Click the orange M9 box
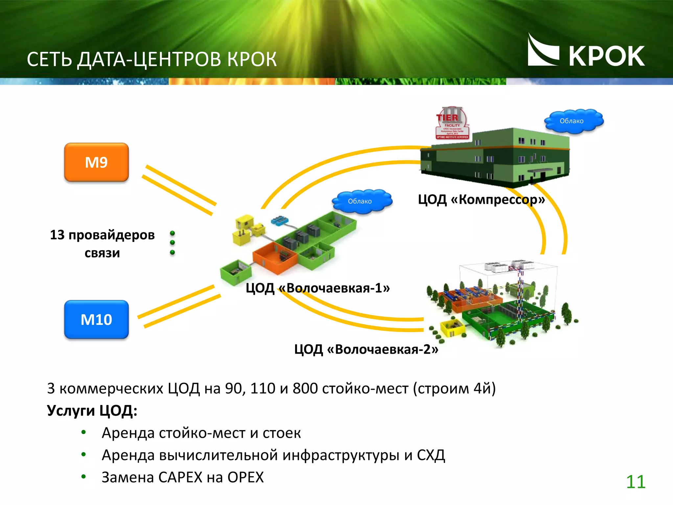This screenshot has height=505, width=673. pyautogui.click(x=96, y=162)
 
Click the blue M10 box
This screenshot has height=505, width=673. pyautogui.click(x=96, y=319)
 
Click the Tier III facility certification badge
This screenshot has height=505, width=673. pyautogui.click(x=452, y=123)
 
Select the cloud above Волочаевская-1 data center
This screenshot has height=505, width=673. pyautogui.click(x=361, y=201)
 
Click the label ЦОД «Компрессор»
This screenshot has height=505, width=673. pyautogui.click(x=481, y=200)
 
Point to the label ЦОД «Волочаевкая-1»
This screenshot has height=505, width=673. pyautogui.click(x=317, y=288)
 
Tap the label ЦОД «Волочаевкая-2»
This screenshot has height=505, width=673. pyautogui.click(x=366, y=349)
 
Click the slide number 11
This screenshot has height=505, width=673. pyautogui.click(x=636, y=482)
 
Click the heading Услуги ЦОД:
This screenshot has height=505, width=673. pyautogui.click(x=92, y=411)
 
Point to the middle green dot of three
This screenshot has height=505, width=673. pyautogui.click(x=172, y=243)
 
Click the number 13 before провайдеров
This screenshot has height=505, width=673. pyautogui.click(x=57, y=235)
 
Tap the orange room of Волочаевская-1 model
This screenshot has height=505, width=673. pyautogui.click(x=274, y=258)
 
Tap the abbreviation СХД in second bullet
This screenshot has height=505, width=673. pyautogui.click(x=431, y=455)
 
